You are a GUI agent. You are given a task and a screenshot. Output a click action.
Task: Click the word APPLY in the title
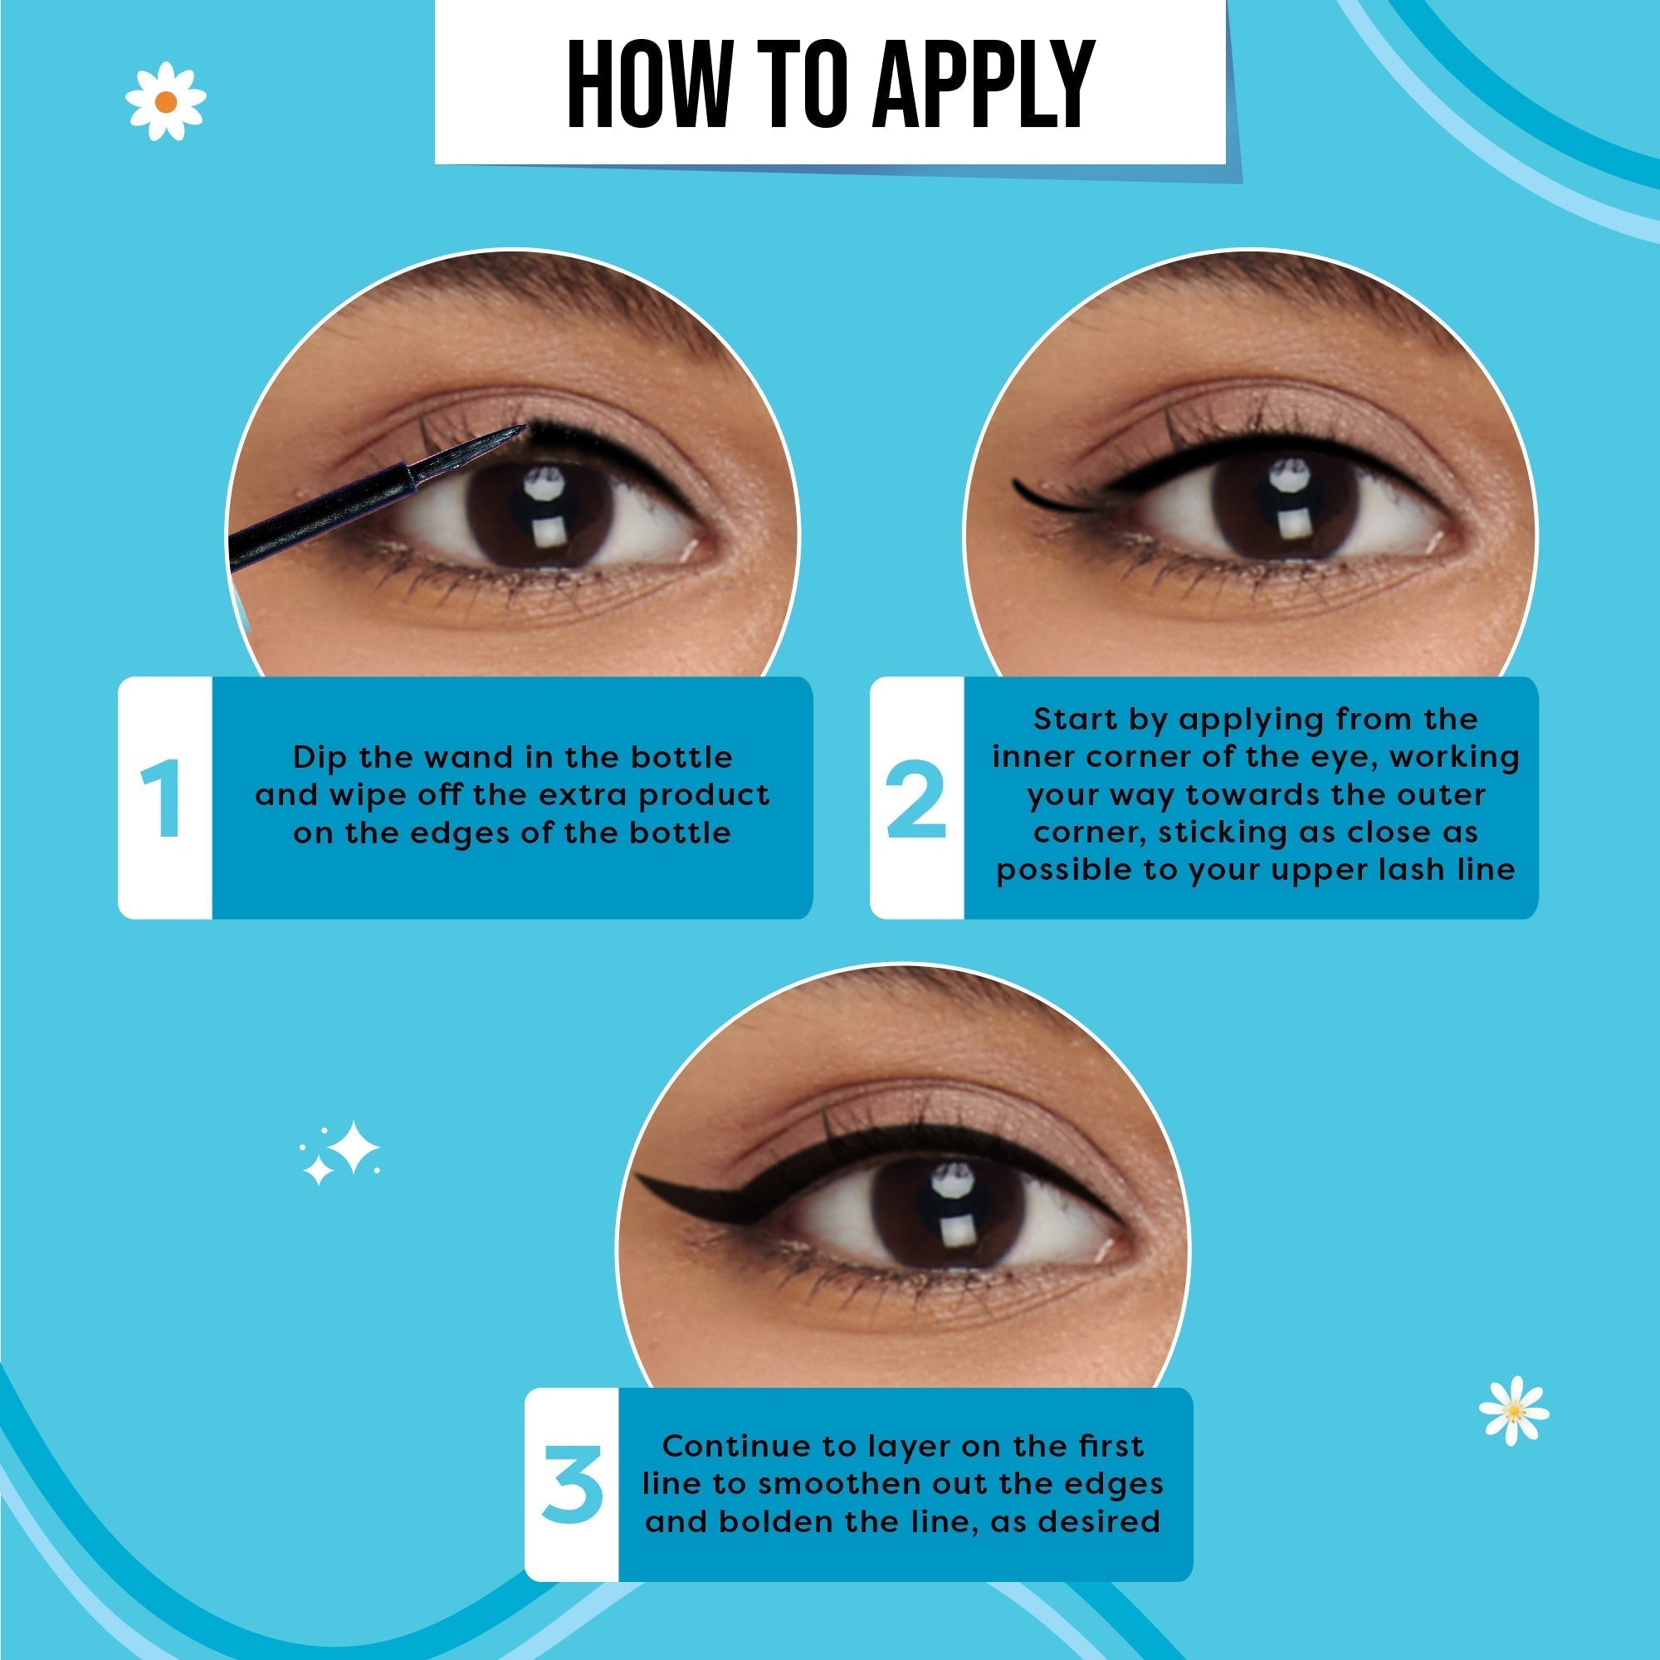[x=983, y=84]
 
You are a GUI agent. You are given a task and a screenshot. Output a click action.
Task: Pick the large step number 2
[x=916, y=799]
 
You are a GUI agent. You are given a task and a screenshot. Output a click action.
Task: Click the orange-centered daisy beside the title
[x=166, y=101]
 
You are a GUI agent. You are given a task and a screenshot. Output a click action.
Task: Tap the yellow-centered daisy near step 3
[x=1514, y=1411]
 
